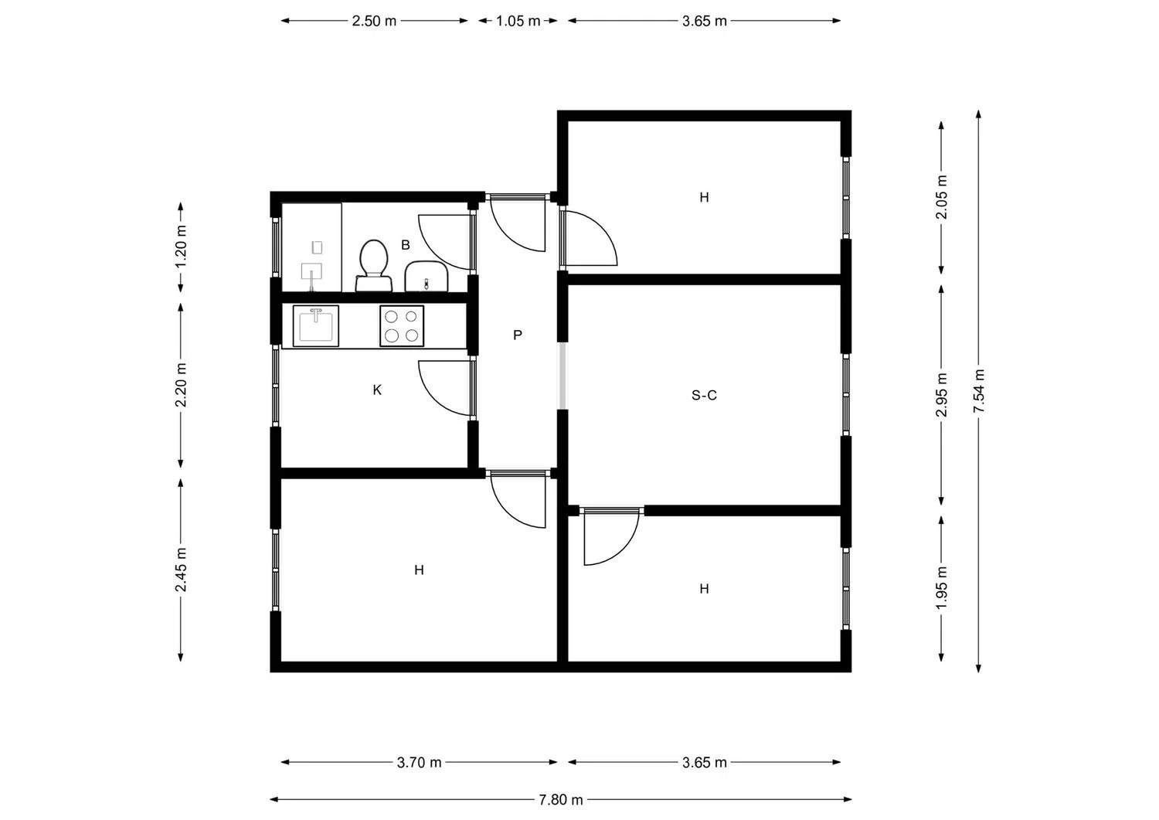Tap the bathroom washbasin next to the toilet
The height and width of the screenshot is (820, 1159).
click(x=426, y=277)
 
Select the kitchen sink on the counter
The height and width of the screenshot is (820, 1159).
click(x=315, y=325)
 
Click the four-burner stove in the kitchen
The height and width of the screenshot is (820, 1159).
click(x=402, y=325)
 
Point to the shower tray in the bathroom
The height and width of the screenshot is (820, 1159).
click(x=311, y=247)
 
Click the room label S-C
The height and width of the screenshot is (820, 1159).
click(x=704, y=396)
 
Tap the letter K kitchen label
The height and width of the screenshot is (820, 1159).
click(x=377, y=390)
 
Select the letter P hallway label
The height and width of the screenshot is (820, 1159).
click(x=518, y=335)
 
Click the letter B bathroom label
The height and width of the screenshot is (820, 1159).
click(x=405, y=245)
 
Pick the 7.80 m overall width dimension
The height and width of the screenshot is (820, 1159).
click(x=561, y=800)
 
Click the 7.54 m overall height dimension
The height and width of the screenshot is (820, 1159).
click(x=978, y=390)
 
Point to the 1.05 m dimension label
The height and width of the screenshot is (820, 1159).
click(x=518, y=21)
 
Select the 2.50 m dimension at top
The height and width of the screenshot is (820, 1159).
click(x=374, y=21)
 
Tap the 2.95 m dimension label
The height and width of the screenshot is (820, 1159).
click(x=941, y=395)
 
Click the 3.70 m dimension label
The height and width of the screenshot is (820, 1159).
click(x=419, y=763)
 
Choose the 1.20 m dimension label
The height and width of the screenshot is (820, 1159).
click(x=181, y=247)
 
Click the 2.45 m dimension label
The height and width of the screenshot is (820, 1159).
click(x=181, y=570)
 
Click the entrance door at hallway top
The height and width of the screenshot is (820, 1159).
click(x=516, y=224)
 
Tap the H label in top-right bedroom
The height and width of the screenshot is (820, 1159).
click(x=704, y=198)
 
